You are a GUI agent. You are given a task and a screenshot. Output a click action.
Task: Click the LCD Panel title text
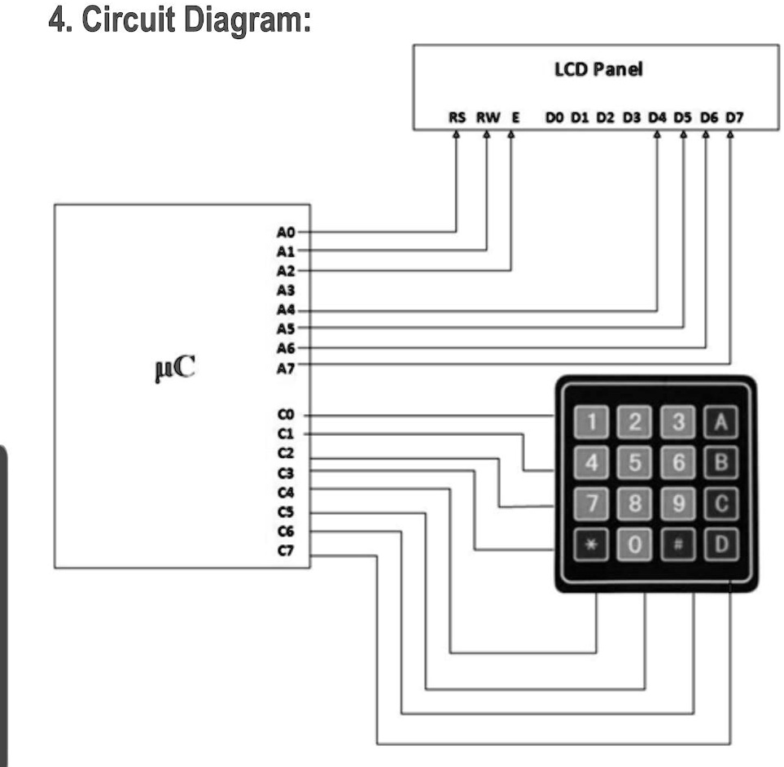[598, 69]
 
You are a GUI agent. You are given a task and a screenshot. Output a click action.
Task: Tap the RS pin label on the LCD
[457, 117]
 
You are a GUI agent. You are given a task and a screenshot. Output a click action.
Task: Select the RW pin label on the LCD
[488, 117]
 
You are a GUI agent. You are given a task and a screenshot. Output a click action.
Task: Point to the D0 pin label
[554, 117]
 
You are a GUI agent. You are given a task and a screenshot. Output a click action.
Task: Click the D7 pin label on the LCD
[734, 117]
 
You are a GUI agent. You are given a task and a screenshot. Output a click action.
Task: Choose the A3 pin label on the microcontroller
[286, 290]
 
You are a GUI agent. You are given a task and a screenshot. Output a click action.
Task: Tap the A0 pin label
[286, 233]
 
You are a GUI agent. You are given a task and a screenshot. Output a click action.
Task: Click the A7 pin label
[286, 368]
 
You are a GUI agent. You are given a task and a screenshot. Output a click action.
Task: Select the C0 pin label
[286, 415]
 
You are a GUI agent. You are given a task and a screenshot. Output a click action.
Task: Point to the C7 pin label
[286, 551]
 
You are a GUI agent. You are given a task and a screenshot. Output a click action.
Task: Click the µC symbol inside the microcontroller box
[175, 368]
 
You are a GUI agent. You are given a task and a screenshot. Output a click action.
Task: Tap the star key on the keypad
[591, 544]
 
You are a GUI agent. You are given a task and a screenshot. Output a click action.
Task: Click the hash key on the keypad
[678, 544]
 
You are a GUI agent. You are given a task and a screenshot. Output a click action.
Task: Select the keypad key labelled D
[721, 544]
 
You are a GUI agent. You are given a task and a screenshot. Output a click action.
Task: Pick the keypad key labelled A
[721, 421]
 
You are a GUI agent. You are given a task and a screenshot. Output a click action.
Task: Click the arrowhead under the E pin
[511, 134]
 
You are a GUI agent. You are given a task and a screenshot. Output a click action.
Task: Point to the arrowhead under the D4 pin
[657, 134]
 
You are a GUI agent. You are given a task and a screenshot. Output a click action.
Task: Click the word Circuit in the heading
[128, 20]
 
